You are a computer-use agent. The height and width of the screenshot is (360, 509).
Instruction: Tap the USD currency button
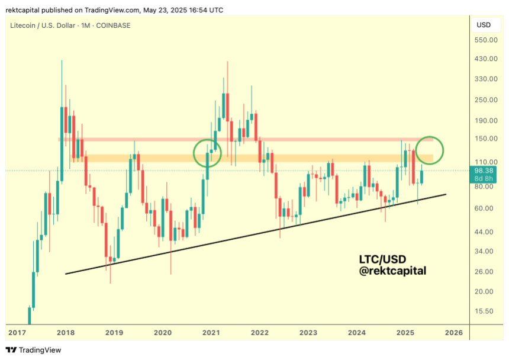pos(484,25)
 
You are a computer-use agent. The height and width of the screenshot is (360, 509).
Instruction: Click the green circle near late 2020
pos(207,153)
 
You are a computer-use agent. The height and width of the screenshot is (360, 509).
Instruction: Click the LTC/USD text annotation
pos(382,259)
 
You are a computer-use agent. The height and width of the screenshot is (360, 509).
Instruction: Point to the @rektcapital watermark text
pos(392,271)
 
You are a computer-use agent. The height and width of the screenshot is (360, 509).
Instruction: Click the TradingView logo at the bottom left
pos(34,350)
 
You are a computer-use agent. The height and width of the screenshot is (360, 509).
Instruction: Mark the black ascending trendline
pos(254,233)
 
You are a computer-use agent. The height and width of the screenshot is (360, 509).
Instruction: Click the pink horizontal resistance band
pos(237,139)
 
